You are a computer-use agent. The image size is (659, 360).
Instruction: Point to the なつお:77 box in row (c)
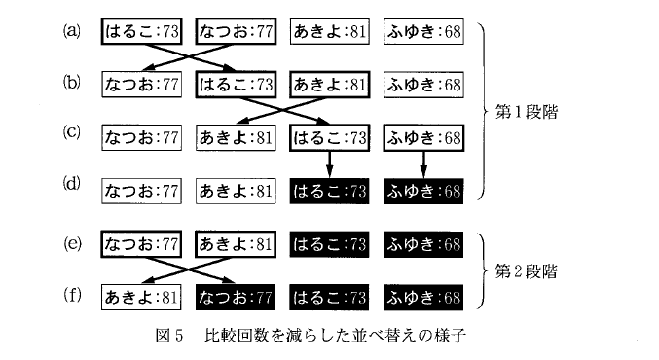(141, 137)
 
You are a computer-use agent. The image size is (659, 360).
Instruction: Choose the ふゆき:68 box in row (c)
(423, 137)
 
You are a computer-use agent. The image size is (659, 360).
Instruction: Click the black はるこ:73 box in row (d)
(330, 190)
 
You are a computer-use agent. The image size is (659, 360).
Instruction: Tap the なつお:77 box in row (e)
(141, 243)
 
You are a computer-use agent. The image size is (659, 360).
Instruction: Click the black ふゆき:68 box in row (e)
(423, 243)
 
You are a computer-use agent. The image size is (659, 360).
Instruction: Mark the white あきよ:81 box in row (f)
(141, 296)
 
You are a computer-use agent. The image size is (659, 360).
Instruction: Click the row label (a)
(71, 30)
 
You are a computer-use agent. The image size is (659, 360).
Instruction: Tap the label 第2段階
(527, 270)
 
